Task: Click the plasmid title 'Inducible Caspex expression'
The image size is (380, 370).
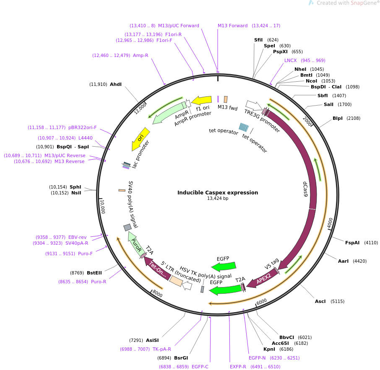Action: pos(218,193)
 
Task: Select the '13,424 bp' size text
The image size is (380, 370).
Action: pos(218,199)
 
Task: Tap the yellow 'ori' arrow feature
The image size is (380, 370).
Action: pos(140,139)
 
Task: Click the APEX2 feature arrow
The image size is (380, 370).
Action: pos(263,278)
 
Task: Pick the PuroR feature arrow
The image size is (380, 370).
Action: pos(135,243)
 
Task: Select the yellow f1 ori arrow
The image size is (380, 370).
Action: pos(202,101)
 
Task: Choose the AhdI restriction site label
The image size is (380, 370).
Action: pos(116,84)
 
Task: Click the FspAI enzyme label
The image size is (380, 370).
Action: pos(352,243)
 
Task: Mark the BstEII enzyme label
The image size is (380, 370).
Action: pos(94,273)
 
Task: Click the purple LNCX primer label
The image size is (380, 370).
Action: pos(290,60)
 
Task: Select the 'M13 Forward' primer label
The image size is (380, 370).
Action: pos(232,26)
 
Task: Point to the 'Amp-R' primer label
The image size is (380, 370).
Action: pos(141,55)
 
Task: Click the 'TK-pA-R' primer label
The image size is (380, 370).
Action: pos(162,349)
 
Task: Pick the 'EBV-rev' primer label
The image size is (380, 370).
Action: pos(78,237)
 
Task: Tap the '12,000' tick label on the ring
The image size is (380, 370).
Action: pos(141,108)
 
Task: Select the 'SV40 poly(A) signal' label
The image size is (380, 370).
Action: pos(133,205)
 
